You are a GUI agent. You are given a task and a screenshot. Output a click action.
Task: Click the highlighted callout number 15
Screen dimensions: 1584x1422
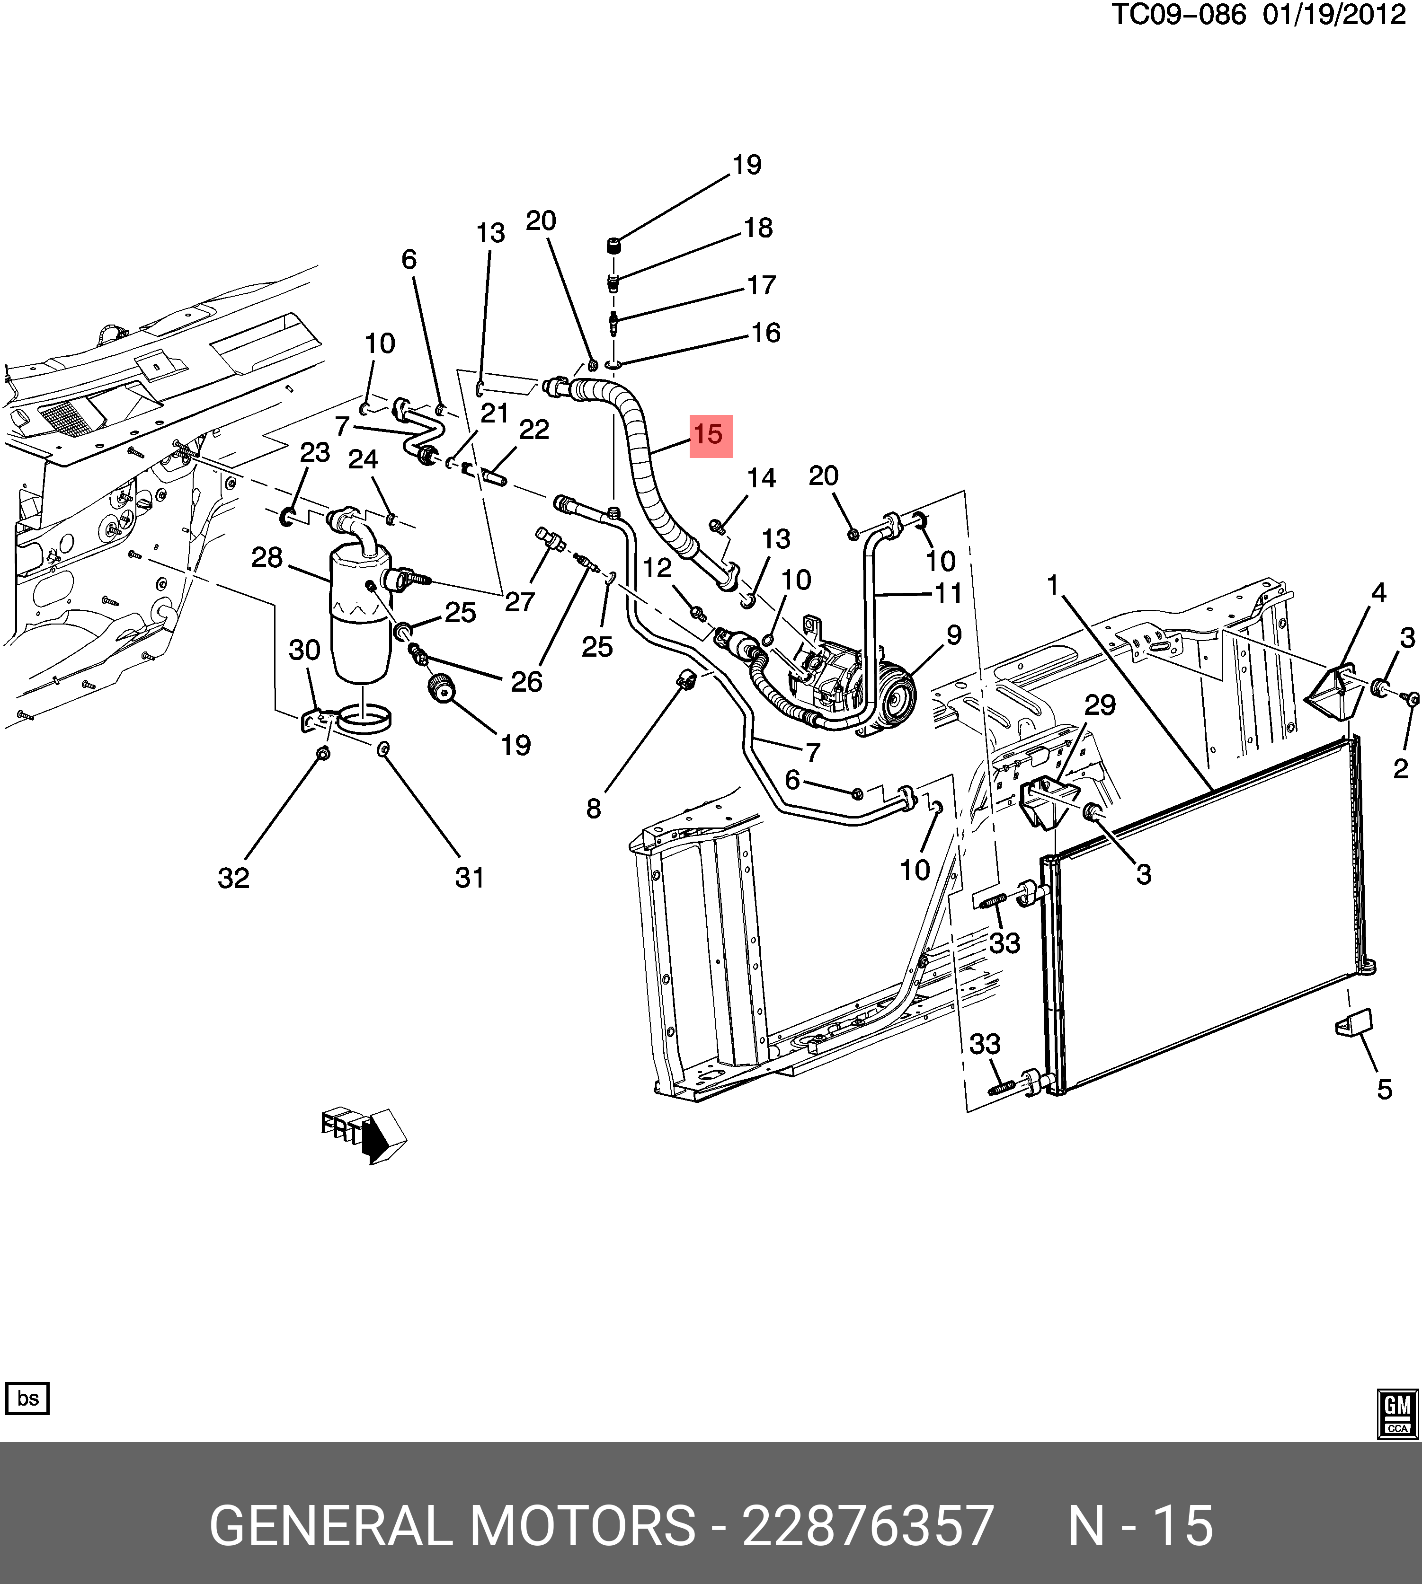[710, 435]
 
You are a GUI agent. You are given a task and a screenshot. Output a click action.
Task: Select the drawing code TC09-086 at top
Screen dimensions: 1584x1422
[1178, 15]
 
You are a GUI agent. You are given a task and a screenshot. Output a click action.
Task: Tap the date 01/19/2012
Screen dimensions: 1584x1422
[1333, 15]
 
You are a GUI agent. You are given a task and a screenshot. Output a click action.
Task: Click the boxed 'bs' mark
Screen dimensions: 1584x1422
[27, 1398]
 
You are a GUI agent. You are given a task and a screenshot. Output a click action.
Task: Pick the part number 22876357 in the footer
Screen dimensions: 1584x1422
[867, 1525]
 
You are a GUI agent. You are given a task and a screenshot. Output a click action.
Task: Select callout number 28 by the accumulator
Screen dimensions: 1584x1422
[267, 558]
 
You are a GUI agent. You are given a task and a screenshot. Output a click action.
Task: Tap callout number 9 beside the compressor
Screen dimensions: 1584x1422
[954, 635]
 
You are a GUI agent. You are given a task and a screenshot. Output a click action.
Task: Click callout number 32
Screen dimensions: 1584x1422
[234, 878]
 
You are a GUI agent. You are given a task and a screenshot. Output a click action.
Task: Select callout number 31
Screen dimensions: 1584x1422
[470, 878]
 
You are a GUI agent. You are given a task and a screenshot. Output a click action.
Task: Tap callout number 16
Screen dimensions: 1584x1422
[766, 333]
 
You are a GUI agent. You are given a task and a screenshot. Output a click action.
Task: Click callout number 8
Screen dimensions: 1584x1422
[594, 809]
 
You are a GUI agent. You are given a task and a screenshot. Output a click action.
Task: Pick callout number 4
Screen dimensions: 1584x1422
[1378, 594]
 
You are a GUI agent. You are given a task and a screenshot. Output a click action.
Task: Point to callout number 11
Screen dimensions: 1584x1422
[949, 594]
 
